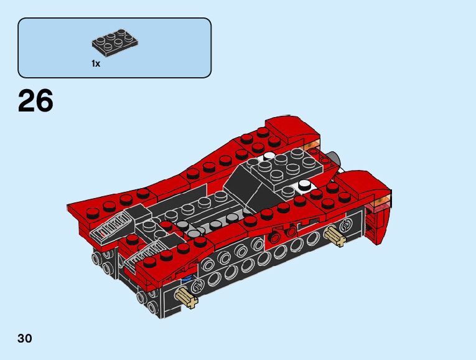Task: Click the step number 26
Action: tap(35, 101)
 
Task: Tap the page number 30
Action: tap(25, 338)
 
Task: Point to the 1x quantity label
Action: tap(96, 64)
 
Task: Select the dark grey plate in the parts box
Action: tap(114, 43)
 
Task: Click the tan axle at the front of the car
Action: tap(187, 298)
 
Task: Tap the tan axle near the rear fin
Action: tap(335, 236)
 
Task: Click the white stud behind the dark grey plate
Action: tap(268, 156)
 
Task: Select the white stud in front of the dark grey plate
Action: tap(304, 185)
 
